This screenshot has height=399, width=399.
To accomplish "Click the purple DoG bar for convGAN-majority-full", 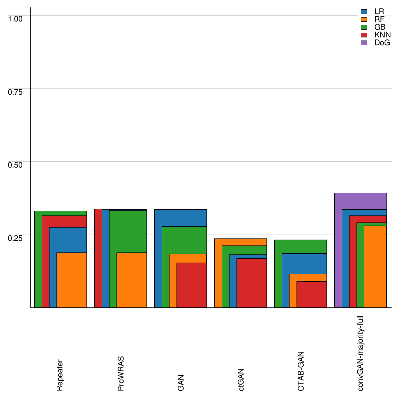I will point(360,201).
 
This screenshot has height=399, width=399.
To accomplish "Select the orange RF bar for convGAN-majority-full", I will point(375,267).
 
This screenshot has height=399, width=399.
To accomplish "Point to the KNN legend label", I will point(382,35).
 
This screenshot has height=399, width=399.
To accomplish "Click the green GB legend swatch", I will point(364,27).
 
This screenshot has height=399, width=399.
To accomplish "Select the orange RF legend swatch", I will point(364,19).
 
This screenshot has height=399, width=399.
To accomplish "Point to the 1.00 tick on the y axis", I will point(16,18).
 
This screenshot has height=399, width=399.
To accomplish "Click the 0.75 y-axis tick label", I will point(16,92).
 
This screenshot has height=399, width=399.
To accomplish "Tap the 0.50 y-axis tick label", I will point(16,164).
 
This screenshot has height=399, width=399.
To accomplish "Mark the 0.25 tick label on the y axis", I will point(16,238).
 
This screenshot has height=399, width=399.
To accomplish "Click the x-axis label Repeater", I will point(60,375).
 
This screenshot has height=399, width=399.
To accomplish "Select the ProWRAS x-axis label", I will point(120,373).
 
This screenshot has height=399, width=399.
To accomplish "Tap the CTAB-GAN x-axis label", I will point(301,371).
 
